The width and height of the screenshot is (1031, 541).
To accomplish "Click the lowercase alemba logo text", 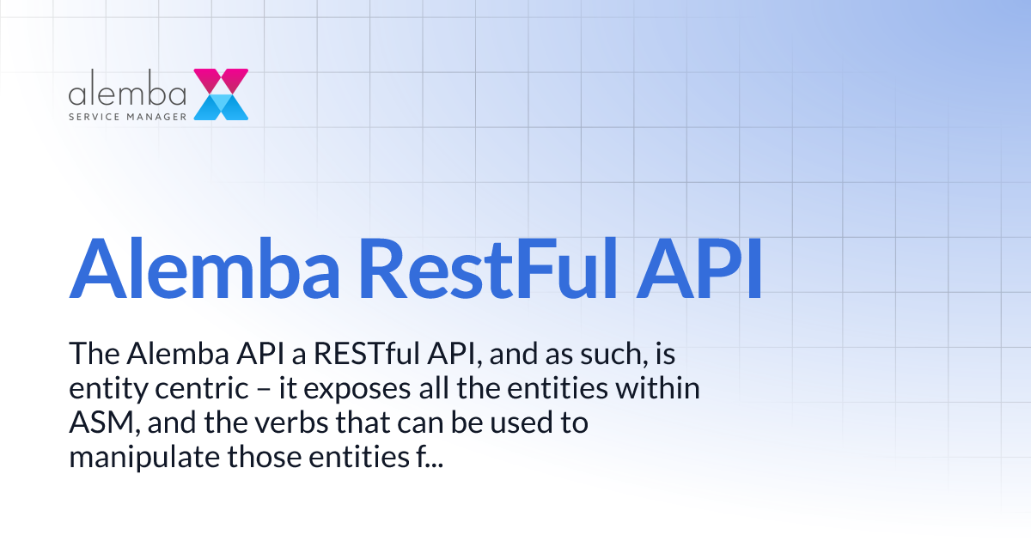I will [x=128, y=89].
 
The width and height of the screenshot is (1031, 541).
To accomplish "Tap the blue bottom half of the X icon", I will [x=222, y=107].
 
